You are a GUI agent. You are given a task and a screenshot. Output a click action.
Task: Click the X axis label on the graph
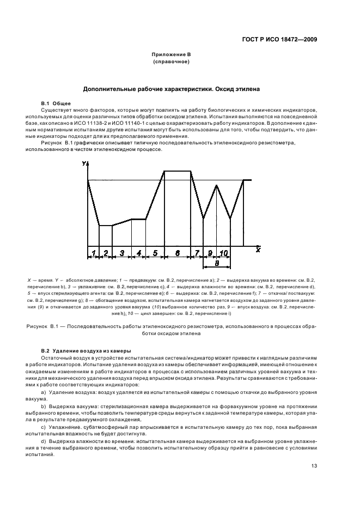click(x=258, y=249)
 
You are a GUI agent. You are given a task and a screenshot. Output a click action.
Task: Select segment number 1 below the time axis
click(x=93, y=253)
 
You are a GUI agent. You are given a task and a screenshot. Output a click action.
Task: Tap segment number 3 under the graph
click(x=122, y=253)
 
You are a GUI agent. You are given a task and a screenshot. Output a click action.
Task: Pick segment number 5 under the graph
click(x=155, y=253)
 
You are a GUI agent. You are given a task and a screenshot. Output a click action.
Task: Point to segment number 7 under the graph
click(x=197, y=253)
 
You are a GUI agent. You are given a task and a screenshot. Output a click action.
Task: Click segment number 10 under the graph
click(x=223, y=253)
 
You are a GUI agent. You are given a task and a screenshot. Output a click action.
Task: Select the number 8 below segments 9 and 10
click(x=216, y=263)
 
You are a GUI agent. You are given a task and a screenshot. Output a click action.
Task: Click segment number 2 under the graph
click(x=106, y=253)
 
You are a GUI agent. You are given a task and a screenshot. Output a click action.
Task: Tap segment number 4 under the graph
click(x=139, y=253)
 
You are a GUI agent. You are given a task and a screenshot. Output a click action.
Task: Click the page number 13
click(x=314, y=465)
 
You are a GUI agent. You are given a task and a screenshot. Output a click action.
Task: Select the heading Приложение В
click(x=172, y=55)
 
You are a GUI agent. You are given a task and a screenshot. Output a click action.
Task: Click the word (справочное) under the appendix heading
click(x=172, y=62)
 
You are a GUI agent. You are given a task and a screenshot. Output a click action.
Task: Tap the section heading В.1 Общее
click(x=57, y=103)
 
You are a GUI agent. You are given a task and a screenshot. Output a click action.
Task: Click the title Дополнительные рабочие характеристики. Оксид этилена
click(x=172, y=88)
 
